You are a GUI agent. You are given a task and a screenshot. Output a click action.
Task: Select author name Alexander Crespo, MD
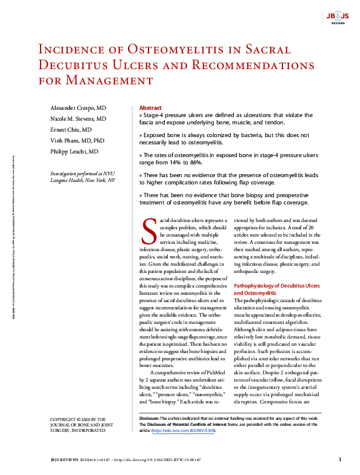[x=78, y=107]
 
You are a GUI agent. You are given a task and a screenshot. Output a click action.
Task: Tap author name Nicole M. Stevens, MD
[x=78, y=118]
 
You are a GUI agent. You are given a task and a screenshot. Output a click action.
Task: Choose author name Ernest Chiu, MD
[x=71, y=130]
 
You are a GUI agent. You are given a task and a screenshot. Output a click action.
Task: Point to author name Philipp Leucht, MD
[x=74, y=152]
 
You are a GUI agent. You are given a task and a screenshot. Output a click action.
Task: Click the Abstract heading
[x=150, y=107]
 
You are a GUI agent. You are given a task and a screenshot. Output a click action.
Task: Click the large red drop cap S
[x=149, y=228]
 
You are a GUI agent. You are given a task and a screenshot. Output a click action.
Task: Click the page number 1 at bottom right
[x=340, y=459]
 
